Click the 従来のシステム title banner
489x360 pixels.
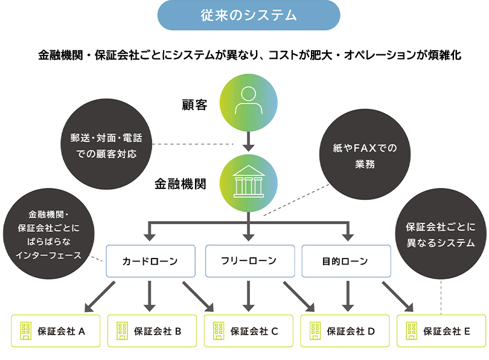coord(248,15)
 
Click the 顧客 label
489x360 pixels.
coord(194,105)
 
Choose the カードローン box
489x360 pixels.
coord(150,261)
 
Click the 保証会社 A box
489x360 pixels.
coord(56,330)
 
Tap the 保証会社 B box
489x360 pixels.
coord(152,330)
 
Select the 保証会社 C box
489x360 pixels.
coord(249,330)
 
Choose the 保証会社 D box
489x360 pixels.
coord(345,330)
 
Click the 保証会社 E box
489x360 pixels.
coord(441,330)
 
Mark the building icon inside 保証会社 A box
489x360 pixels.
coord(26,330)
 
